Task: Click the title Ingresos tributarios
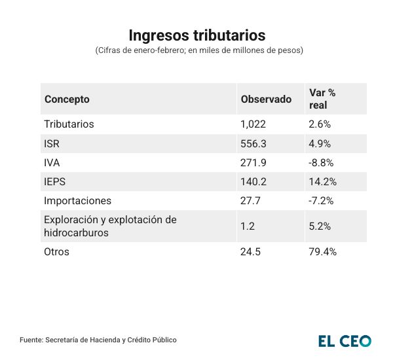[x=196, y=34]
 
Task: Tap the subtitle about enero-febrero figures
[x=196, y=50]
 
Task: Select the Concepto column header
[x=67, y=99]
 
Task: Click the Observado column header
[x=266, y=99]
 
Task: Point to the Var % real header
[x=322, y=99]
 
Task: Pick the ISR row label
[x=52, y=143]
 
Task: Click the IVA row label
[x=52, y=162]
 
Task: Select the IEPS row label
[x=55, y=182]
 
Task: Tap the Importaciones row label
[x=77, y=201]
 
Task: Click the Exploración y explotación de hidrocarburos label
[x=110, y=226]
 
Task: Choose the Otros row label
[x=56, y=251]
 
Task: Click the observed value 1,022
[x=253, y=124]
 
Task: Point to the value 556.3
[x=253, y=143]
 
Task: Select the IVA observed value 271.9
[x=253, y=162]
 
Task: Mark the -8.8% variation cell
[x=321, y=162]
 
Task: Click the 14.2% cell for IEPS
[x=322, y=182]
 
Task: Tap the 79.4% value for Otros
[x=322, y=251]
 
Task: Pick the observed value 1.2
[x=247, y=226]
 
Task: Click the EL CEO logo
[x=345, y=340]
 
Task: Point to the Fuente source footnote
[x=98, y=340]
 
